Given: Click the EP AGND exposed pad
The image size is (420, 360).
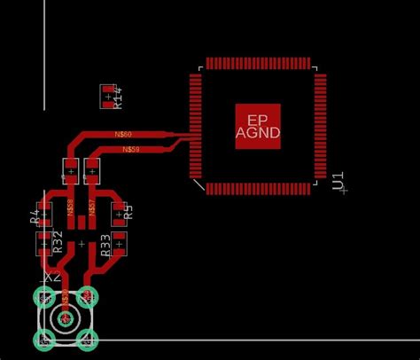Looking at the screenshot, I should click(258, 126).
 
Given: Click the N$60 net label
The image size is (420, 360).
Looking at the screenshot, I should click(124, 134).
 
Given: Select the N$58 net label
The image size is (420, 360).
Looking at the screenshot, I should click(71, 208).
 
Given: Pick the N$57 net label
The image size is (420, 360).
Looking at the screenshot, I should click(92, 208).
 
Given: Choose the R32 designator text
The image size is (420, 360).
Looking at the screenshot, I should click(58, 242).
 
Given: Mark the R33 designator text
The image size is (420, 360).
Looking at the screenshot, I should click(105, 246).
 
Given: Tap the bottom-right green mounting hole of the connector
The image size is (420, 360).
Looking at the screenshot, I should click(87, 338).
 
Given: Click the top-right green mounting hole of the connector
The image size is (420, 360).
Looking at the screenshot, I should click(87, 296).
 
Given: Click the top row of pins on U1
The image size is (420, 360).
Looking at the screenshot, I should click(258, 64).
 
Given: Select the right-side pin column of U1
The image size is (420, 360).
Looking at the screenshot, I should click(320, 126).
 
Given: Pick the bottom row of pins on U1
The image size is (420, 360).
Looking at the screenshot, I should click(258, 189).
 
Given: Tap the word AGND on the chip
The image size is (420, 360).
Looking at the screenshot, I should click(258, 133).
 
